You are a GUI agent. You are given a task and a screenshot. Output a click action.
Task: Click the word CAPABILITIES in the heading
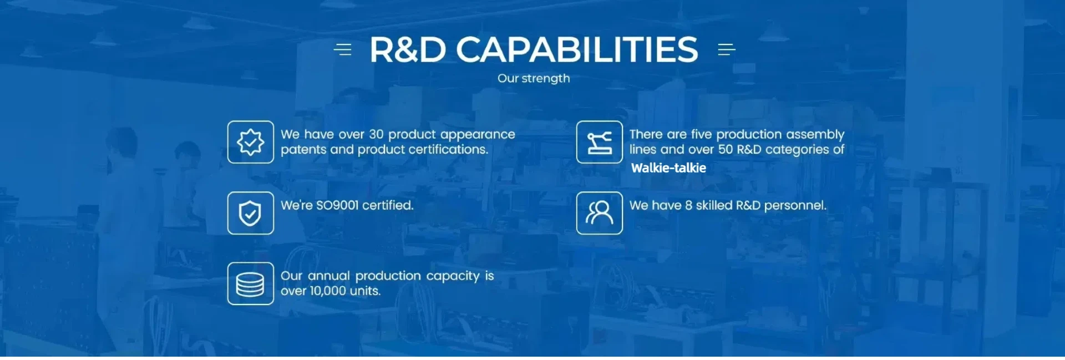(x=577, y=49)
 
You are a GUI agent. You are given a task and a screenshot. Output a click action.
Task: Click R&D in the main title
(x=408, y=49)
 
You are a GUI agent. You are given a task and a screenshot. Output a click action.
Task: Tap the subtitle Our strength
(x=534, y=78)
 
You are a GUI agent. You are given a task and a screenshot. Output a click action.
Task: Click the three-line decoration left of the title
(x=343, y=49)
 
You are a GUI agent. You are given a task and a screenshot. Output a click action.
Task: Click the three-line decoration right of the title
(x=727, y=49)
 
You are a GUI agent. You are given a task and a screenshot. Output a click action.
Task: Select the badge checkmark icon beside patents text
(x=251, y=142)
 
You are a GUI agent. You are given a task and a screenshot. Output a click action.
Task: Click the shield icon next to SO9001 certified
(x=251, y=213)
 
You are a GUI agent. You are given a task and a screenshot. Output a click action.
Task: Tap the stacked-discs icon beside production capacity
(x=251, y=283)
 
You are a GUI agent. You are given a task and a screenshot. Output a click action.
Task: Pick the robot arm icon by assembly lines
(x=600, y=142)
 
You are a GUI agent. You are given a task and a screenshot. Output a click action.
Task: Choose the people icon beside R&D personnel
(x=600, y=213)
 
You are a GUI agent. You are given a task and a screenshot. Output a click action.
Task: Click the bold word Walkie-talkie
(x=668, y=168)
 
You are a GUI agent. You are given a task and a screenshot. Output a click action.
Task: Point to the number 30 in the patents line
(x=377, y=134)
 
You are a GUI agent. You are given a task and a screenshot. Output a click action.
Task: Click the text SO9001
(x=337, y=205)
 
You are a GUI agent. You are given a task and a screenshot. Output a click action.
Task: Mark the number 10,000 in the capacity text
(x=328, y=291)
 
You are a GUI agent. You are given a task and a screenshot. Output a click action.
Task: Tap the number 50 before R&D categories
(x=726, y=149)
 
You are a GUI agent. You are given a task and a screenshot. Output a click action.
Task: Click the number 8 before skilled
(x=688, y=205)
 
